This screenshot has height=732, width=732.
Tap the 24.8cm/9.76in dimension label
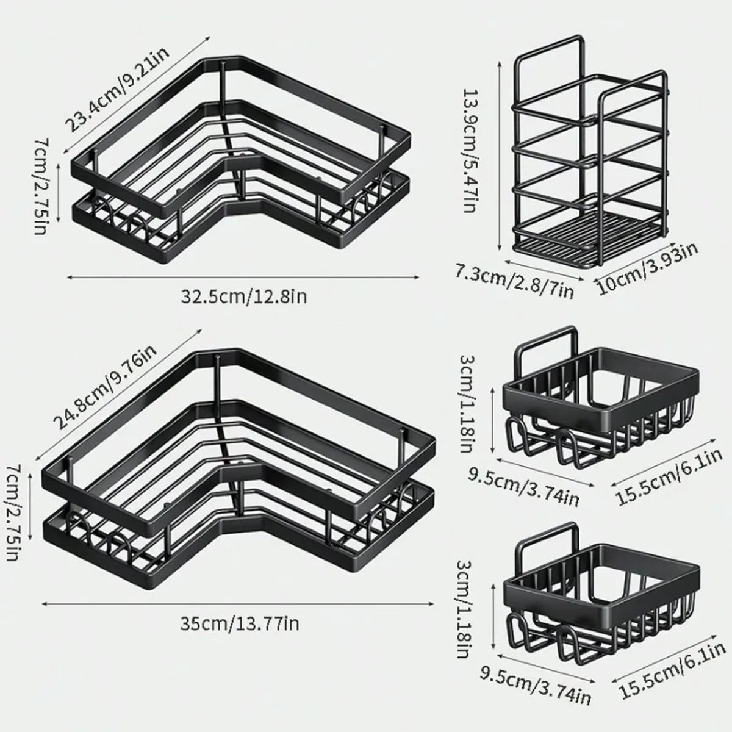[x=105, y=389]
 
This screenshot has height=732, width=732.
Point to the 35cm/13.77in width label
[x=239, y=623]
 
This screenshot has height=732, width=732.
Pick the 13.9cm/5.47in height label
[x=470, y=151]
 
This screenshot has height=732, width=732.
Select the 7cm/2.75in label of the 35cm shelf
[x=13, y=512]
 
